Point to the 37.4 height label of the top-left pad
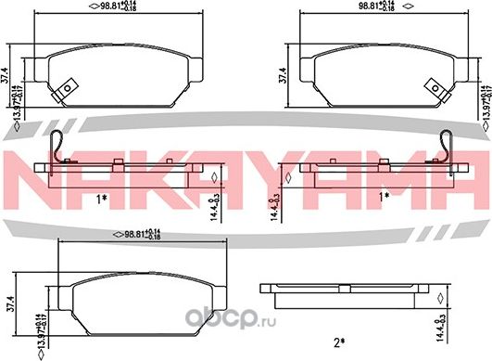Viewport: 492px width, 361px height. point(7,73)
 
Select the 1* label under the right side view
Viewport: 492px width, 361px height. point(383,199)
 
